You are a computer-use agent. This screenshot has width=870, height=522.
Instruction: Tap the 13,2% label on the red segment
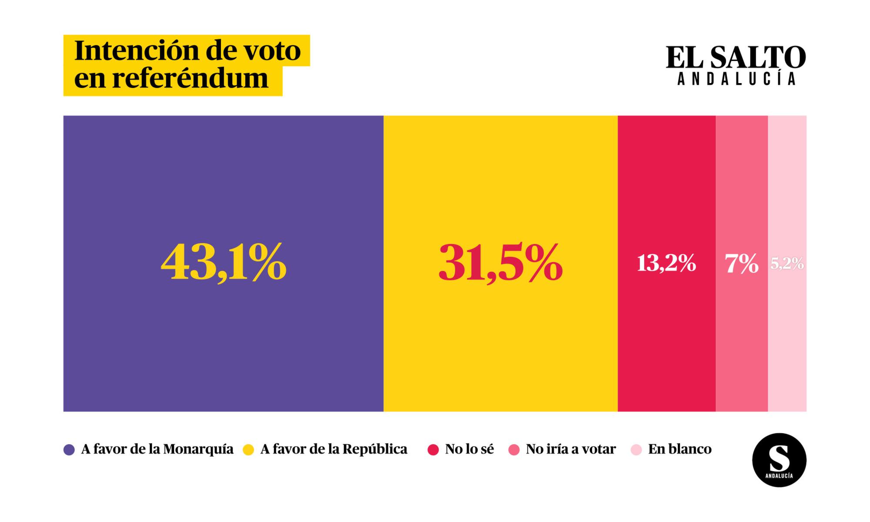click(x=666, y=264)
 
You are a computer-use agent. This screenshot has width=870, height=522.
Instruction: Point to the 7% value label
click(x=742, y=264)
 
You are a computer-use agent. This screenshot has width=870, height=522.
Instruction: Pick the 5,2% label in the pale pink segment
click(x=787, y=264)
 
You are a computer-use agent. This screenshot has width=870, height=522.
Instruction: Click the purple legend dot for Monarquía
click(x=69, y=450)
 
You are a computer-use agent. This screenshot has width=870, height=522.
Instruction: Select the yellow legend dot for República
click(x=248, y=450)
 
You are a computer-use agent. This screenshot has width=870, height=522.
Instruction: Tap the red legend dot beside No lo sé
click(x=433, y=450)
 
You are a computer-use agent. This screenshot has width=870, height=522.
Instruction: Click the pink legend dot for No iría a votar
click(x=514, y=450)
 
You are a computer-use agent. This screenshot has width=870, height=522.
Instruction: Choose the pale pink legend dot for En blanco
click(x=636, y=450)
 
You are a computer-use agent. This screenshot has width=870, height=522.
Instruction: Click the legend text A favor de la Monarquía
click(x=157, y=449)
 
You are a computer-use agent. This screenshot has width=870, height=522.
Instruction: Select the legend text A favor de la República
click(x=334, y=449)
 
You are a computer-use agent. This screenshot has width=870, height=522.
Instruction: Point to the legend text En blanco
click(x=680, y=449)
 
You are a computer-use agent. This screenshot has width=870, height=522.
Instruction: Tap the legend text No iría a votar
click(x=571, y=449)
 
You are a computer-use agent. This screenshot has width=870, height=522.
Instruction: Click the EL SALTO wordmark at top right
click(x=736, y=58)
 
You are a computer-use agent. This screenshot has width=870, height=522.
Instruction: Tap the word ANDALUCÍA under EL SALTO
click(x=737, y=79)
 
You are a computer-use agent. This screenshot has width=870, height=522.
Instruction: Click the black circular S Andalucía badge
click(x=779, y=460)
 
